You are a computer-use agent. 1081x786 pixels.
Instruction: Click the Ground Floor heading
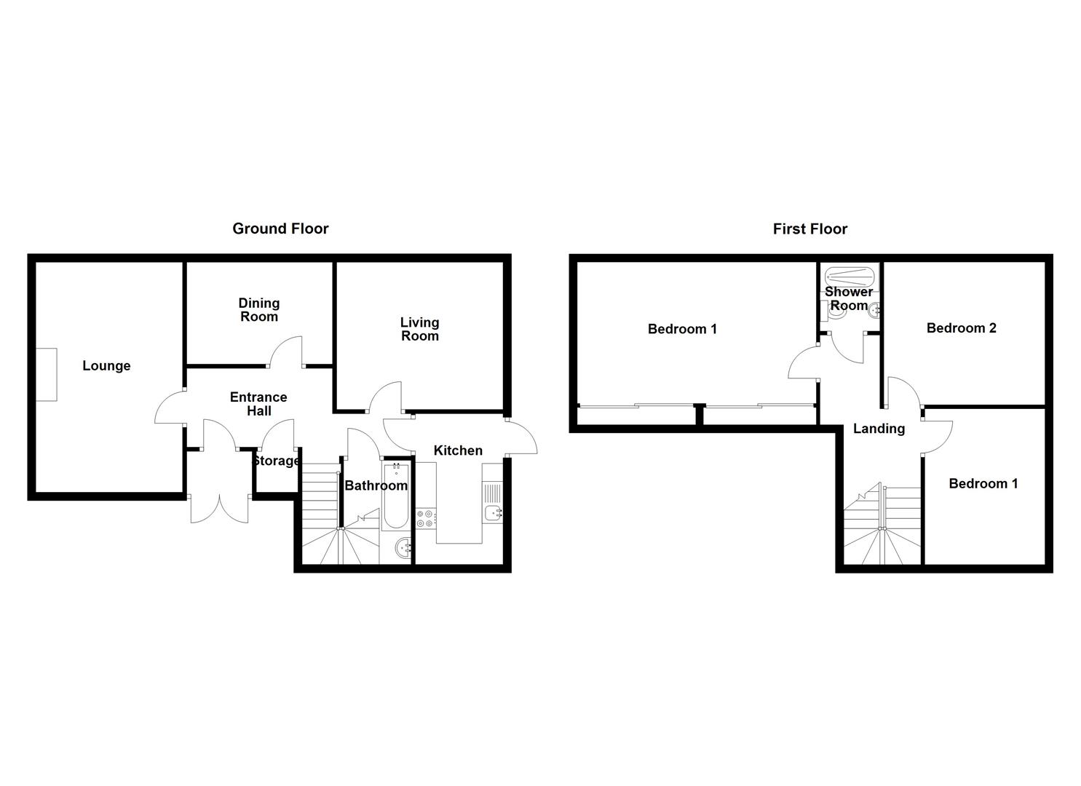coord(280,229)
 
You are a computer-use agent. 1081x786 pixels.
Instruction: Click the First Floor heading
coord(809,229)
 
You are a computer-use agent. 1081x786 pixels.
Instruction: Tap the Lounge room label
coord(106,366)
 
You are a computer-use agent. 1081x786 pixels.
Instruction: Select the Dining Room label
coord(259,310)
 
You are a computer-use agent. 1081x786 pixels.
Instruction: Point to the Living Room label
coord(420,329)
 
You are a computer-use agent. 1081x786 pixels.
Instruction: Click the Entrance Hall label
coord(258,404)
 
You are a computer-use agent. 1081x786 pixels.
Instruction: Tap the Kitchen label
coord(458,450)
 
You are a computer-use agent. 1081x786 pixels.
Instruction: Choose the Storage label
coord(276,461)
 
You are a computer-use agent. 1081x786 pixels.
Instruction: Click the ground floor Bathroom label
coord(376,485)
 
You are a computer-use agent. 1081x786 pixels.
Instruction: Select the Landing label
coord(879,429)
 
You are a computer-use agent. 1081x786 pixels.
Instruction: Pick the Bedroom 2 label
coord(962,328)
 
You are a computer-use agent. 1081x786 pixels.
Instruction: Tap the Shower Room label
coord(849,298)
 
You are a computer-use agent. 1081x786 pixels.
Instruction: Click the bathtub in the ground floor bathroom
coord(396,496)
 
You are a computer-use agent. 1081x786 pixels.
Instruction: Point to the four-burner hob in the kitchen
coord(427,519)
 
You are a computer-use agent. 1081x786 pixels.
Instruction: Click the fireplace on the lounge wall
coord(47,374)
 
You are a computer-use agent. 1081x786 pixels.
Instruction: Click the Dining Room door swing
coord(285,351)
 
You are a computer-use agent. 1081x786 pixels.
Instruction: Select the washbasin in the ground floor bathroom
coord(403,547)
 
